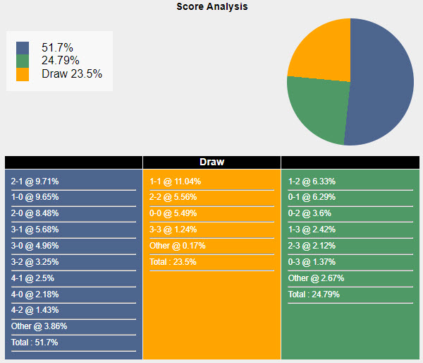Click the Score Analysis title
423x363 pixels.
point(211,6)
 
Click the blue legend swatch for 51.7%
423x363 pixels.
point(23,47)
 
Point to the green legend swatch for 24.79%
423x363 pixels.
point(23,61)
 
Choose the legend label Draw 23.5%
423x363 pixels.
point(72,73)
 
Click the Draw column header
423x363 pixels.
point(211,162)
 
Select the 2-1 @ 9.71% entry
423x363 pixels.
point(35,181)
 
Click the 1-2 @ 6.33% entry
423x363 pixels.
point(312,181)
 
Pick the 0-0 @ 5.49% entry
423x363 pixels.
point(173,213)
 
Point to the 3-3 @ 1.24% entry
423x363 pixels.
point(173,230)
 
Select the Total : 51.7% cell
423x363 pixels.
point(35,343)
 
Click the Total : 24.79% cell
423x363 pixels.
point(314,294)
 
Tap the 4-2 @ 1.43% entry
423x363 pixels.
point(35,310)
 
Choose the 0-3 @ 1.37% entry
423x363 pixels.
point(312,262)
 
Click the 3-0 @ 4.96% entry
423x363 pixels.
point(35,246)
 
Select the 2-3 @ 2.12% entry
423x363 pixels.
point(312,246)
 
